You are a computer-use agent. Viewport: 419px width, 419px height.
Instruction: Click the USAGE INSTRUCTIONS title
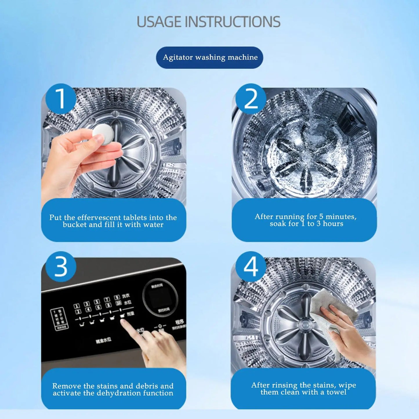[208, 22]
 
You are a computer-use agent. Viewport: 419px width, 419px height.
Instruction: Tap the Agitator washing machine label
[210, 57]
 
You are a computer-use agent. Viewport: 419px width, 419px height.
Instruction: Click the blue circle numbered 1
[61, 99]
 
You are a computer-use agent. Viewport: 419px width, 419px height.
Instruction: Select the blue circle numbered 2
[251, 99]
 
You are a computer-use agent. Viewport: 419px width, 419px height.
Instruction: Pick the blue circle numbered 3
[61, 266]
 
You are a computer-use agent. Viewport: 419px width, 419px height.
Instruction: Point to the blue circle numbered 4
[251, 266]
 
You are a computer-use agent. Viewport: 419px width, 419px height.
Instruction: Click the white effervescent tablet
[103, 134]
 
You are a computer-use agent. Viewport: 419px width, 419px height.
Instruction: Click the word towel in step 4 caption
[336, 392]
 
